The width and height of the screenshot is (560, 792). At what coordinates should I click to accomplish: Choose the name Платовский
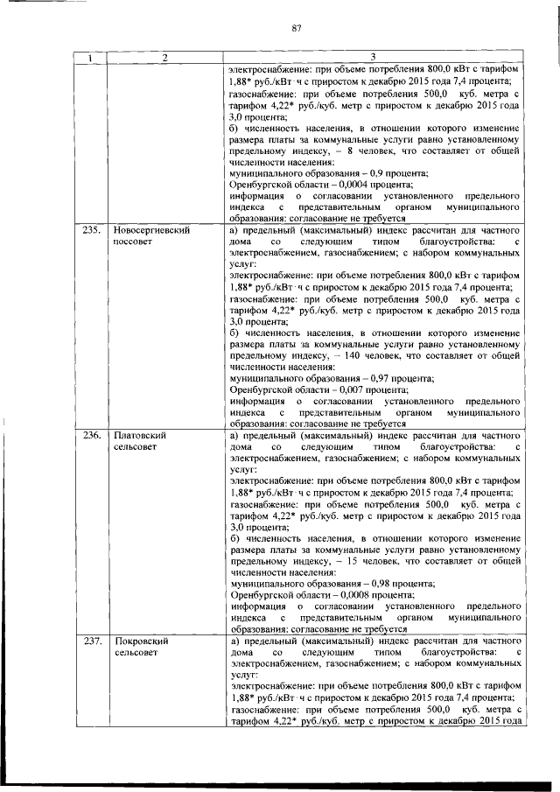click(x=140, y=435)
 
